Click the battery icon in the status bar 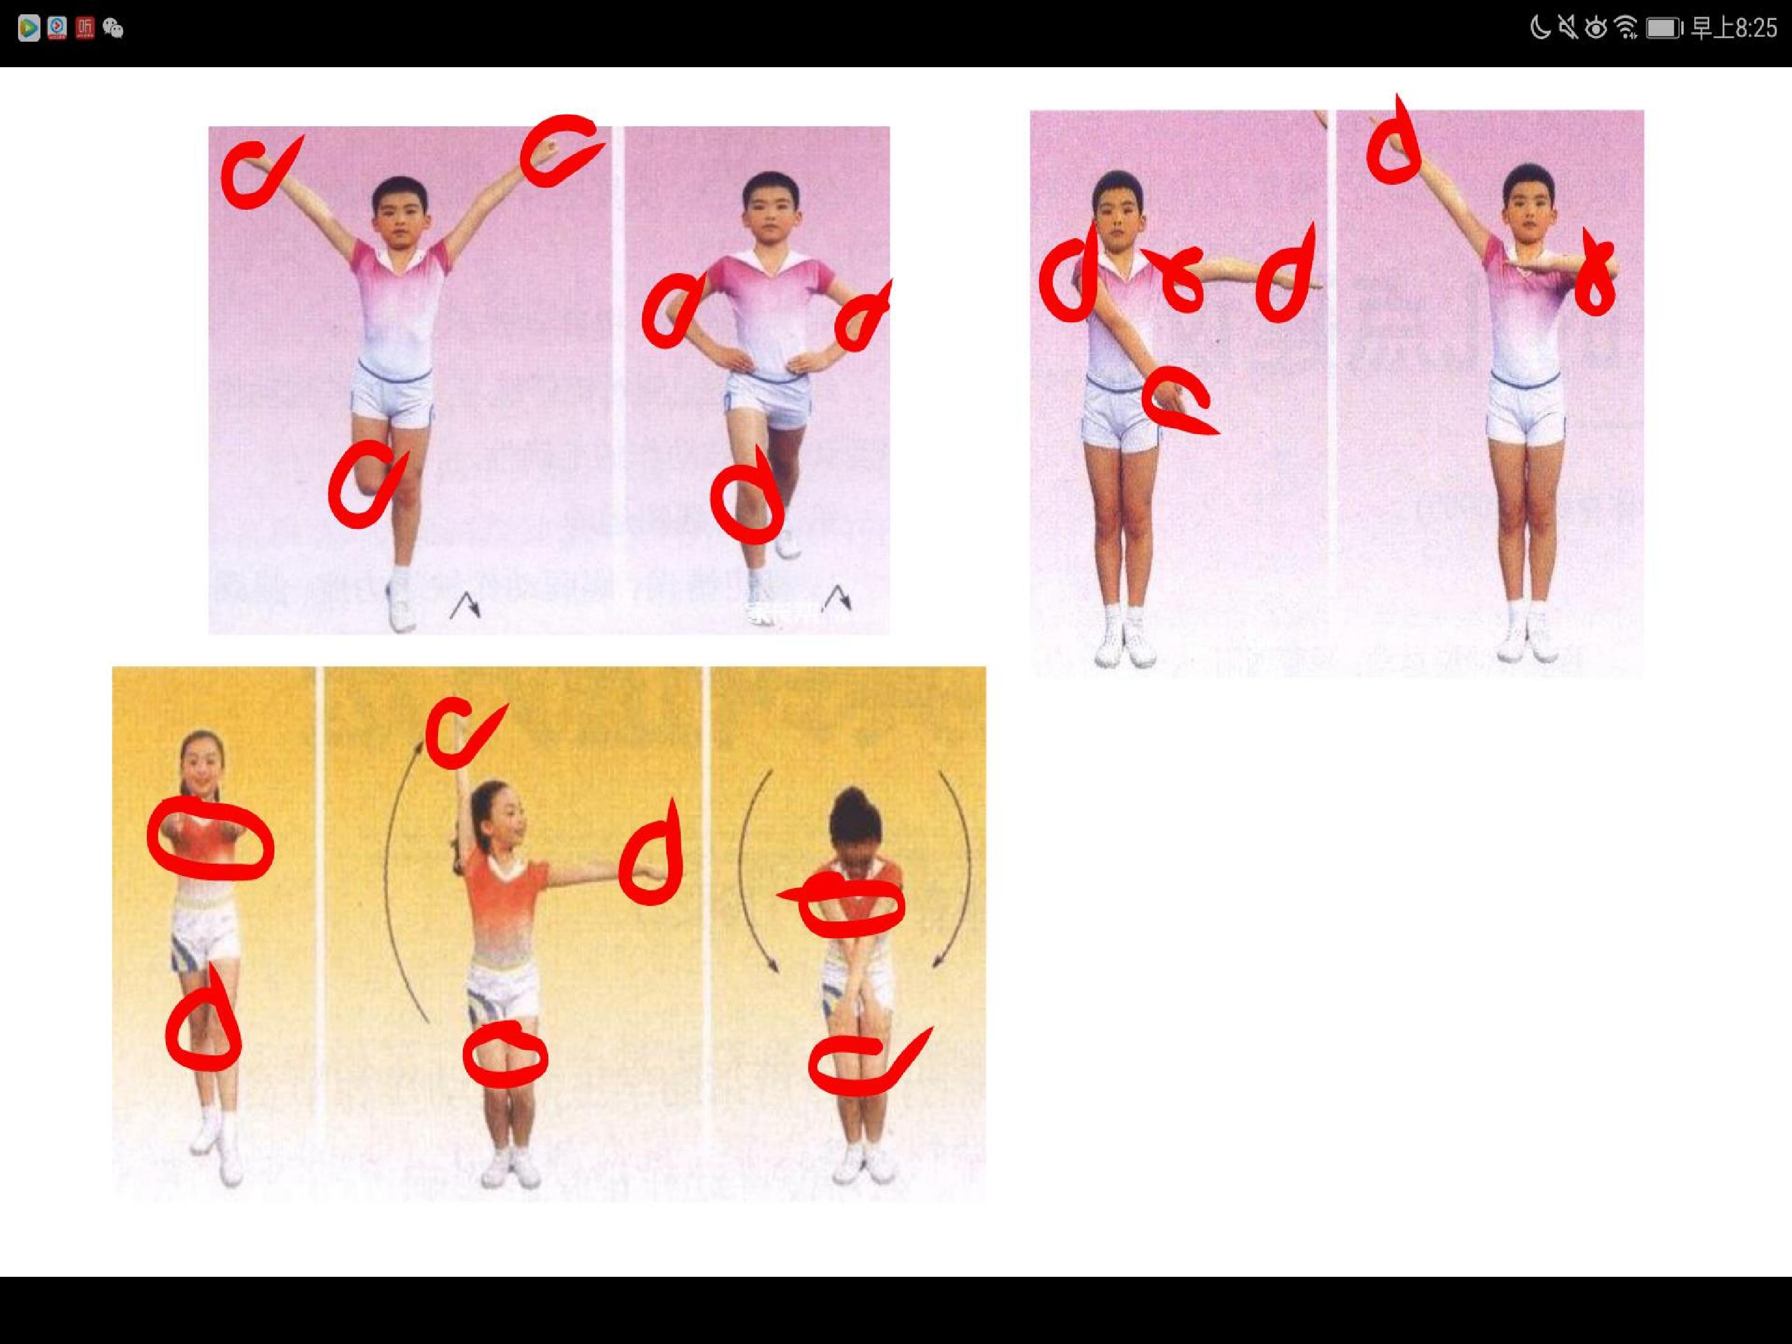click(x=1664, y=29)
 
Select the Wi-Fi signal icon click(x=1625, y=29)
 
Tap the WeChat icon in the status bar click(x=113, y=29)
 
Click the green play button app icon click(x=29, y=29)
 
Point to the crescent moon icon click(x=1539, y=29)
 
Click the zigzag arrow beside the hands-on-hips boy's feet click(x=838, y=599)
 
